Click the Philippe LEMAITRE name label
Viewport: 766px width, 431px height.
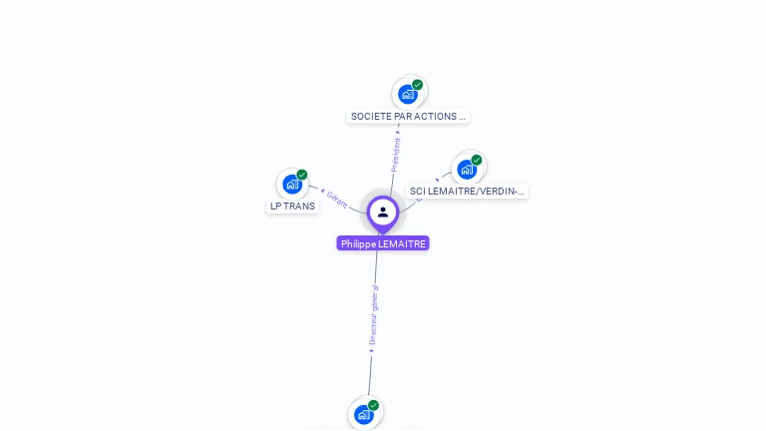383,243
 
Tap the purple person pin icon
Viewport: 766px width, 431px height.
383,212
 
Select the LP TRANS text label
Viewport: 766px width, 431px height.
292,207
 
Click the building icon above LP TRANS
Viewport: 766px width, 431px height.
291,184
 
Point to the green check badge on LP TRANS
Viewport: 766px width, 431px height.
302,175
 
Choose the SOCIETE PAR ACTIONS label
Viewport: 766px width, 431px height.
408,116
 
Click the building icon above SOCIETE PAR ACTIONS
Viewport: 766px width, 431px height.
407,94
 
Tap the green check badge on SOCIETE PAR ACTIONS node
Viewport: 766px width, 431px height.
418,85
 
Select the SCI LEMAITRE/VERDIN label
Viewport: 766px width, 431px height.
467,191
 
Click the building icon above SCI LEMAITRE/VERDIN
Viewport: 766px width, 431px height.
466,169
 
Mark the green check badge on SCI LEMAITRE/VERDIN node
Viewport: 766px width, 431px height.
477,160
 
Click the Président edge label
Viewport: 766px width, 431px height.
396,154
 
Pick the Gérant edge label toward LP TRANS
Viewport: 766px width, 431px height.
337,199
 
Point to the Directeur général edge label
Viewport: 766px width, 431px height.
374,315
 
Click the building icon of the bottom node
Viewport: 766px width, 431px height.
363,413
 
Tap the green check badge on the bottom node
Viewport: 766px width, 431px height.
374,405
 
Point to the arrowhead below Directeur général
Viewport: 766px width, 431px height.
371,350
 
